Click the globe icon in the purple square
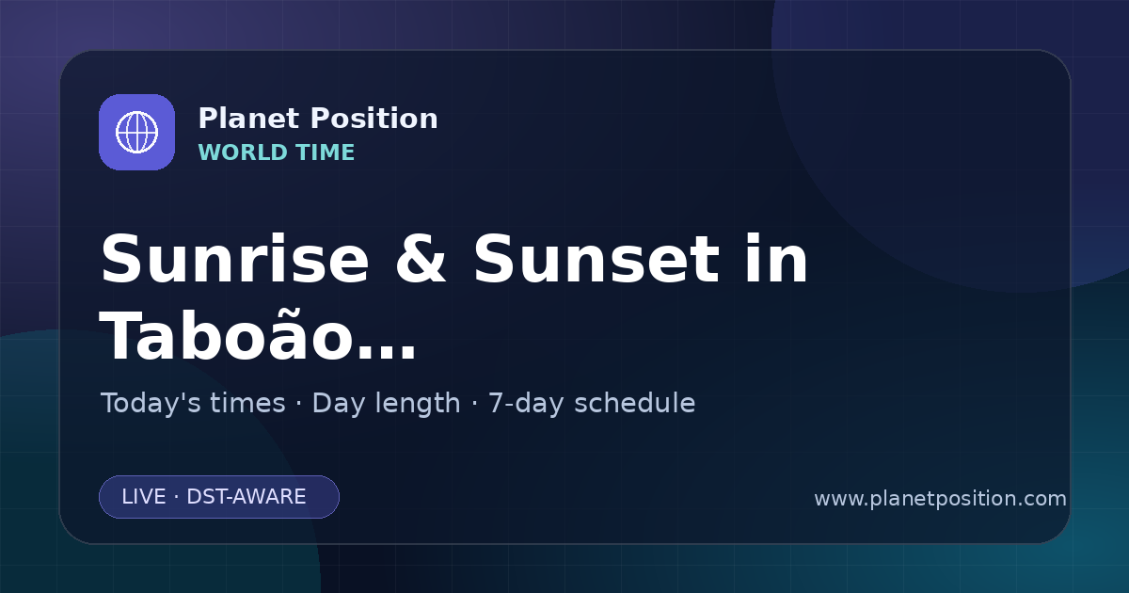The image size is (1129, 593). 136,132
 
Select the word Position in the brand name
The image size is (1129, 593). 374,119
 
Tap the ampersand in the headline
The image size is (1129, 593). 421,259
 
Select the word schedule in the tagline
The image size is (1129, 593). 635,403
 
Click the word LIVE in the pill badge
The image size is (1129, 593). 144,497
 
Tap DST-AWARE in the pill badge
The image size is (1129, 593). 246,497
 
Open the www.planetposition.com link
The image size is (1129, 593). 941,499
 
